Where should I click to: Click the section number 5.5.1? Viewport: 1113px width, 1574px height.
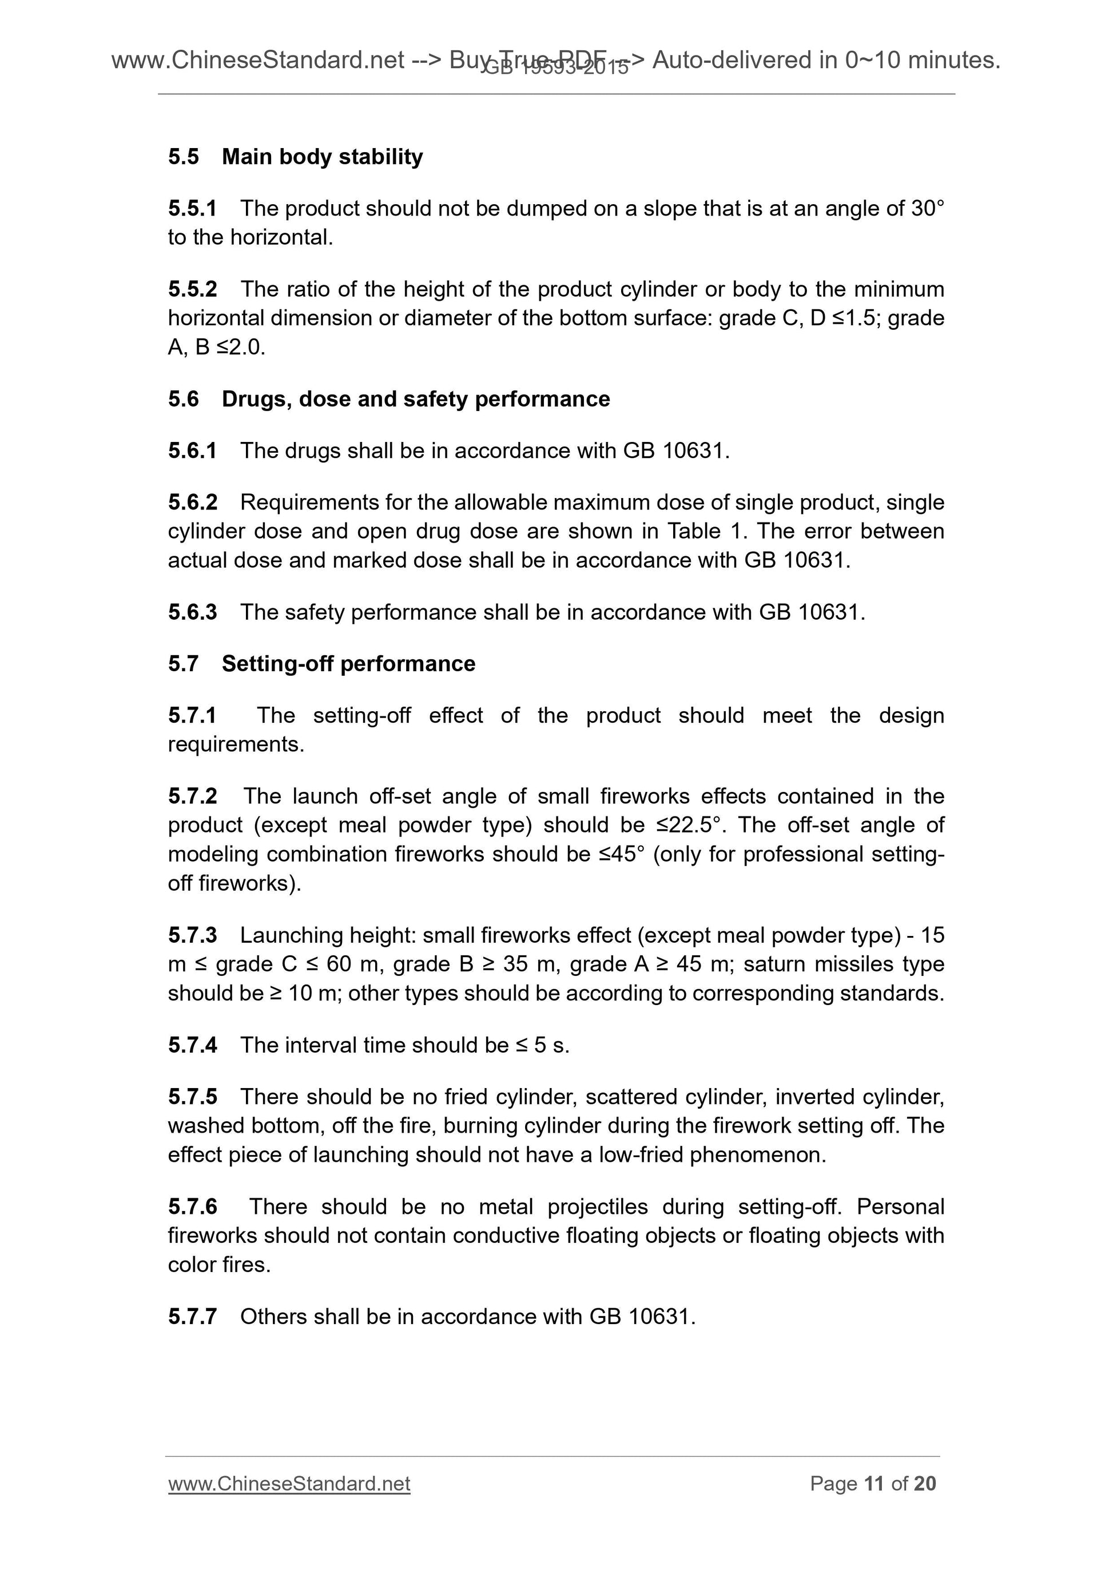point(192,209)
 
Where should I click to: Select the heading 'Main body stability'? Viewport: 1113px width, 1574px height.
point(323,157)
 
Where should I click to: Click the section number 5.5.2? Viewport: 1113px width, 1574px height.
point(192,289)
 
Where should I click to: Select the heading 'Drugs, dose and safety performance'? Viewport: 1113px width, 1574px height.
point(416,399)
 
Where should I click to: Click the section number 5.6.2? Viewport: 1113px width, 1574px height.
point(192,503)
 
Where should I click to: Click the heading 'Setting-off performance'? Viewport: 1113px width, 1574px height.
point(348,664)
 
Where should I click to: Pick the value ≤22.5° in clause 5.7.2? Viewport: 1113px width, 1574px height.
point(686,824)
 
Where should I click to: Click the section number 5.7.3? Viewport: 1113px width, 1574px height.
point(192,935)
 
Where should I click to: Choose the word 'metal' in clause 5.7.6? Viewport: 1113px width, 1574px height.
point(507,1206)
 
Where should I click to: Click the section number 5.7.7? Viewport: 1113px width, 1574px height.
point(192,1316)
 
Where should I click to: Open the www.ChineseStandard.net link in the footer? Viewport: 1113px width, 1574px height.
point(289,1484)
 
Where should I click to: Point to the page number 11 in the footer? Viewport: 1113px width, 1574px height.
point(874,1484)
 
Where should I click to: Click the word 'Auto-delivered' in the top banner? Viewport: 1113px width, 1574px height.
point(744,61)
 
